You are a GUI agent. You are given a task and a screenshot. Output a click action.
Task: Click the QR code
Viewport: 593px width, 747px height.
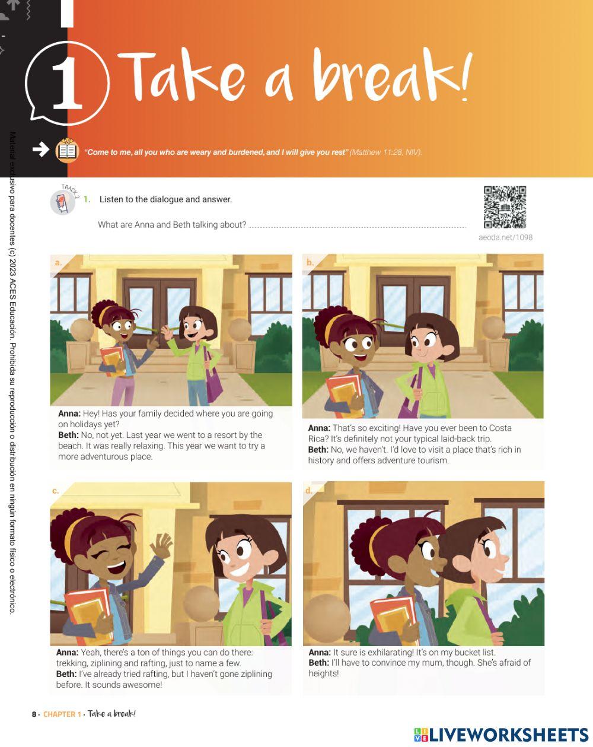point(505,207)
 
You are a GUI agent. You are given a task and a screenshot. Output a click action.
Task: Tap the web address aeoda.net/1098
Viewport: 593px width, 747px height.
point(505,237)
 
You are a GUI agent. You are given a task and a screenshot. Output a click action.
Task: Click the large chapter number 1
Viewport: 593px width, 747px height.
point(67,84)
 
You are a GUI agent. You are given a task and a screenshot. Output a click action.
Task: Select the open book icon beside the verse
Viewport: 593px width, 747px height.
point(67,151)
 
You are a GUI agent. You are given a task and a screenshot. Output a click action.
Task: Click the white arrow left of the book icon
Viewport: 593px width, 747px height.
point(40,150)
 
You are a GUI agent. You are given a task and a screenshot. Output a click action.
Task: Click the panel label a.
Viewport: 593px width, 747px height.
point(58,262)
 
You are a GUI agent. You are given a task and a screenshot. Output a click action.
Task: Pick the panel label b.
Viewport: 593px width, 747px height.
point(310,262)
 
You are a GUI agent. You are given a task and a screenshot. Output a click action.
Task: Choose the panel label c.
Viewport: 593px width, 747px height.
point(55,491)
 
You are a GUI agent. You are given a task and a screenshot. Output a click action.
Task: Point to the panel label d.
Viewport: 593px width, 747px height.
point(308,491)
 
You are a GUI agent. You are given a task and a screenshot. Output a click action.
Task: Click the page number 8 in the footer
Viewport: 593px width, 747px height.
point(34,714)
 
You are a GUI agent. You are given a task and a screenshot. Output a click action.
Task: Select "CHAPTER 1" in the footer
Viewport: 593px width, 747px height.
point(62,714)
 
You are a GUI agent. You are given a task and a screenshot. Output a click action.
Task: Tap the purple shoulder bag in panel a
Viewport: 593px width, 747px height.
point(213,380)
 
